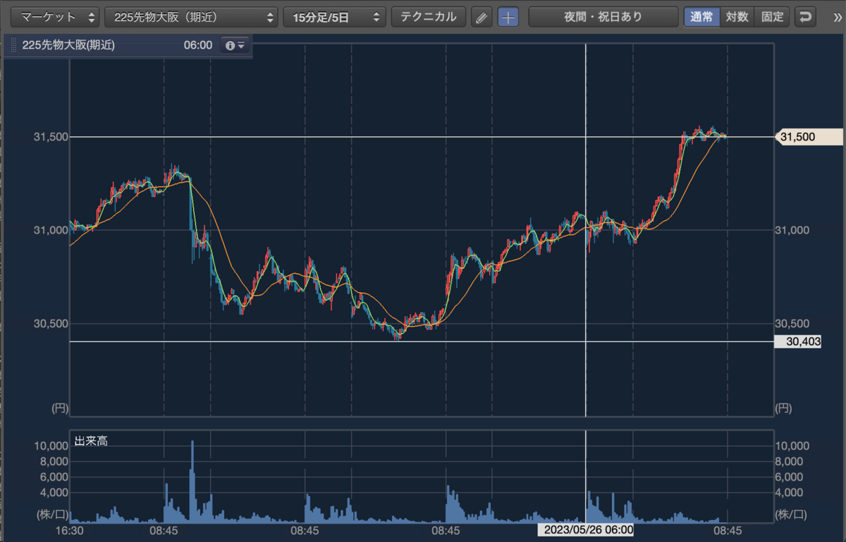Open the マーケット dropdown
click(x=55, y=17)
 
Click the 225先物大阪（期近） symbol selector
click(x=191, y=17)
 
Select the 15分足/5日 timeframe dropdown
click(x=335, y=17)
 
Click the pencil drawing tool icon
click(x=482, y=17)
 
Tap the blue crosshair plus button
click(x=508, y=17)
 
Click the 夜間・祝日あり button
click(x=603, y=17)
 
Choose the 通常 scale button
click(x=701, y=17)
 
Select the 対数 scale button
click(x=737, y=17)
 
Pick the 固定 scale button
click(x=772, y=17)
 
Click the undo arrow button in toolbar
click(x=805, y=17)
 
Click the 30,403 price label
click(x=797, y=342)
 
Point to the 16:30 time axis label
click(x=70, y=530)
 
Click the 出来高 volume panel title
click(x=91, y=440)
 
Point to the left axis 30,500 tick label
click(x=51, y=323)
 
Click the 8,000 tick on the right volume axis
click(x=789, y=462)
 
